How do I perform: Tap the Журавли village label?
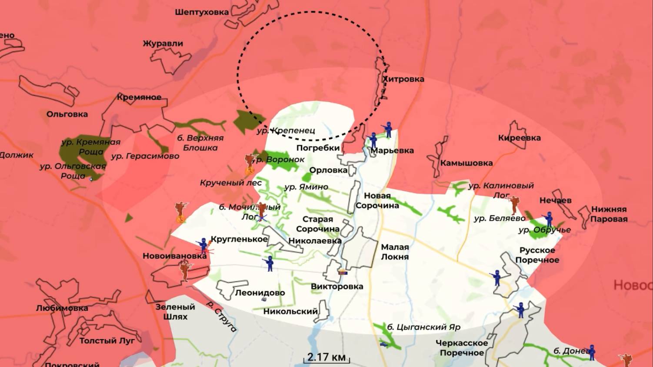(163, 43)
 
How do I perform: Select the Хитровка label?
(403, 79)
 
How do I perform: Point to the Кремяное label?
(139, 97)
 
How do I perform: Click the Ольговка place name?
(67, 114)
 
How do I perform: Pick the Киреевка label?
(519, 138)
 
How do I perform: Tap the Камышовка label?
(466, 163)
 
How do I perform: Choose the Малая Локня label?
(395, 252)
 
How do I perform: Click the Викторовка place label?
(336, 287)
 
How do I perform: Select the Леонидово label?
(260, 293)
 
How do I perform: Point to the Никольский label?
(290, 311)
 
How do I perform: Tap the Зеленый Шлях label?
(175, 311)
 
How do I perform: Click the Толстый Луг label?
(107, 341)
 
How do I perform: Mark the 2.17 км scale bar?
(326, 358)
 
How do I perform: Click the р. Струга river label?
(221, 317)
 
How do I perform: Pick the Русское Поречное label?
(537, 255)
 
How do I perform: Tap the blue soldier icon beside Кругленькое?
(203, 246)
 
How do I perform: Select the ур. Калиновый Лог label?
(501, 190)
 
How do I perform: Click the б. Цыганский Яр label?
(423, 327)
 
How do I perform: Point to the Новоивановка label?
(174, 256)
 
